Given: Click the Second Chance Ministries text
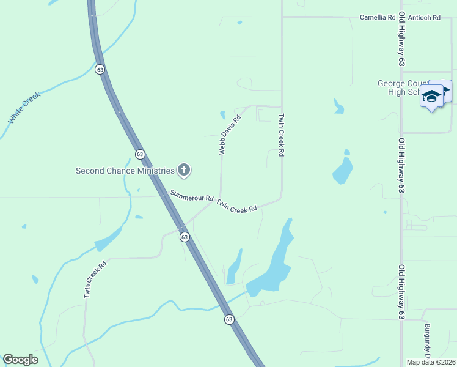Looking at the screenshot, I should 125,171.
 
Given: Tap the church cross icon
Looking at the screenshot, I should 183,170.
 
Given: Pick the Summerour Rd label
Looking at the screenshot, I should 191,197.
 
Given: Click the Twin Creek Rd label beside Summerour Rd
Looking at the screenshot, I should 236,206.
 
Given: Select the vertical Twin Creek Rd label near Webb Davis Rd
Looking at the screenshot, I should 282,135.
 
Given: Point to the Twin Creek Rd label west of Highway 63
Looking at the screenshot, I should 95,280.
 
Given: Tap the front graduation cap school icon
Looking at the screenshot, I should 432,97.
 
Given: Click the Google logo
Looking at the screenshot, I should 20,360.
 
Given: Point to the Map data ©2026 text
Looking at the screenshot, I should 431,362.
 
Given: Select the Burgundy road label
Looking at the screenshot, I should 428,340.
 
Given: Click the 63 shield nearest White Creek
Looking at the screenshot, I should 100,69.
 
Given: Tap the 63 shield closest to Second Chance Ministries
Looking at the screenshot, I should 140,154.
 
